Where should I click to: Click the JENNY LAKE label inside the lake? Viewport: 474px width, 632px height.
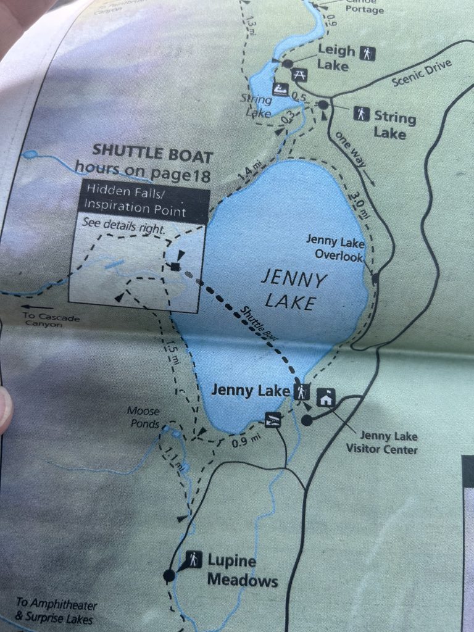293,291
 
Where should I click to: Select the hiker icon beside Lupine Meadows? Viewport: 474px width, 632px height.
193,559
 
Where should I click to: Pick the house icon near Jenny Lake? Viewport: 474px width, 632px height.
326,398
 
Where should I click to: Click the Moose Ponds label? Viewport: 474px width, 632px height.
143,416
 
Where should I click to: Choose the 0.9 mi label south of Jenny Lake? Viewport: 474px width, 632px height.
243,442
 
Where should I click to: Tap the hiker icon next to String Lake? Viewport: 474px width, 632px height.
362,114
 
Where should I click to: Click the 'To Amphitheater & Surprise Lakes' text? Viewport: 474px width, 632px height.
56,610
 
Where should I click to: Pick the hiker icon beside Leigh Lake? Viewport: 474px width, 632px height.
368,54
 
